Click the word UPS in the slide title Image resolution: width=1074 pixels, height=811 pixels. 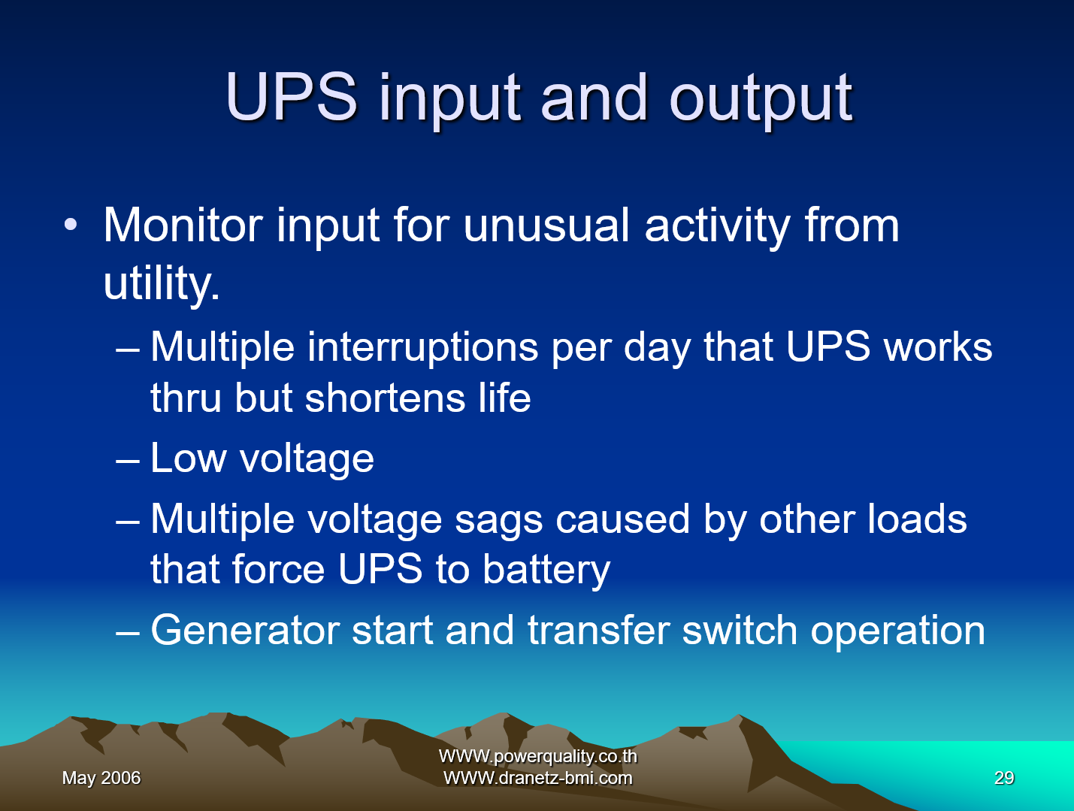pos(292,97)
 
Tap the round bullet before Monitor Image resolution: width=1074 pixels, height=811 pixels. pos(71,225)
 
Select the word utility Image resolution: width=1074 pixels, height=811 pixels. pos(162,283)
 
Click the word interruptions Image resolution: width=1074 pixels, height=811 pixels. pos(422,347)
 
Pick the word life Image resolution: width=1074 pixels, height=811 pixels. pos(504,398)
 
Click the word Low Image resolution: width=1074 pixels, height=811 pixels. pos(188,458)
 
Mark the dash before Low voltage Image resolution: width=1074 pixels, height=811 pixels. pos(128,459)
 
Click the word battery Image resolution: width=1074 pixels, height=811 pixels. pos(546,570)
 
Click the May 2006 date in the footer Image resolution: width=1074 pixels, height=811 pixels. pos(101,778)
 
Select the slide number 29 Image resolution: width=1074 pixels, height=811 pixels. pos(1004,778)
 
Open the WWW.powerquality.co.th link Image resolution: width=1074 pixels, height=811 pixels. pos(537,756)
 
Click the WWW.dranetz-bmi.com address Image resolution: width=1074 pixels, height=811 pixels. pos(537,778)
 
